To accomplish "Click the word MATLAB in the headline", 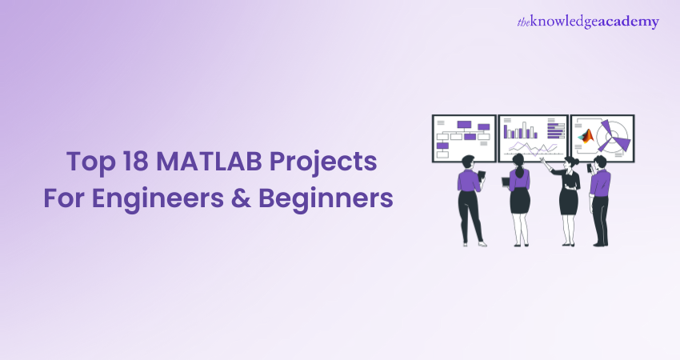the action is coord(209,161).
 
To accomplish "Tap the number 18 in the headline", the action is coord(136,161).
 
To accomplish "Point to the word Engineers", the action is coord(158,199).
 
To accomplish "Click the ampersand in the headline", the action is coord(241,198).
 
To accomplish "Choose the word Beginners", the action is coord(326,199).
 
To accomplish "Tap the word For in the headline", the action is coord(64,198).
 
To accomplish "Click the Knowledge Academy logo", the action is coord(588,22).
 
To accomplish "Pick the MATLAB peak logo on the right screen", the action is coord(586,136).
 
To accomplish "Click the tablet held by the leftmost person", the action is coord(481,175).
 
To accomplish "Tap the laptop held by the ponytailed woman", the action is coord(506,182).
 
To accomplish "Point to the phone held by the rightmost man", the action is coord(590,167).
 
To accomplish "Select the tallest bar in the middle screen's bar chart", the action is coord(524,130).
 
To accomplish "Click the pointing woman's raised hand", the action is coord(542,161).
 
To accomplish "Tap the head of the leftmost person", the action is coord(467,162).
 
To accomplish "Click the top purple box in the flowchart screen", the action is coord(464,125).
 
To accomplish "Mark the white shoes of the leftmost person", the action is coord(474,244).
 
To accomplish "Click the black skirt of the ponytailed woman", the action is coord(519,201).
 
